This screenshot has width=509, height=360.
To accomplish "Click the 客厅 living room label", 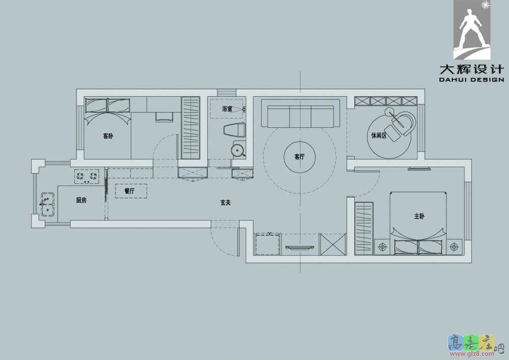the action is coord(300,157).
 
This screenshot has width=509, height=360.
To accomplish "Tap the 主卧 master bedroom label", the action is coord(419,216).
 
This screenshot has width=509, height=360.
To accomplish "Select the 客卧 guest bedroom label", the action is coord(108,136).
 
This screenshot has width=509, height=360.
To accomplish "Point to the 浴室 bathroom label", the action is coord(227,109).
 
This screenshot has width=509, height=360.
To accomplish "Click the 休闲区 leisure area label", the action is coord(379,135).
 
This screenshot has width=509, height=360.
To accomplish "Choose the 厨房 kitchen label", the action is coord(81,200).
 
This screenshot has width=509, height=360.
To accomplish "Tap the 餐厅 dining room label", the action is coord(129,191).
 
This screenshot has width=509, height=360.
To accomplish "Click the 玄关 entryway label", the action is coord(225,203).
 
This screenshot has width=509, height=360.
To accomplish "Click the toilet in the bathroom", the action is coord(234,130).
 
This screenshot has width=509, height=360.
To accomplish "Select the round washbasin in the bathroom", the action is coord(238,150).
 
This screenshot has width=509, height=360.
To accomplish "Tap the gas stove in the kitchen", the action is coord(87,176).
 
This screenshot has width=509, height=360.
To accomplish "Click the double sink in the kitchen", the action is coord(47,204).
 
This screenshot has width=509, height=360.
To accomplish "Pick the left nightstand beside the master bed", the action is coord(383,247).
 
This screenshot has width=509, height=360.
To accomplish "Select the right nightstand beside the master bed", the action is coord(454,247).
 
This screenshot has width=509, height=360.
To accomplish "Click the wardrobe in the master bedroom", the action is coord(364,229).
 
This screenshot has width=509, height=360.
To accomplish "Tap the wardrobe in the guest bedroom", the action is coord(190,128).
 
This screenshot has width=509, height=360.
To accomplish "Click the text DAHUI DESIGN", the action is coord(472,79).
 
